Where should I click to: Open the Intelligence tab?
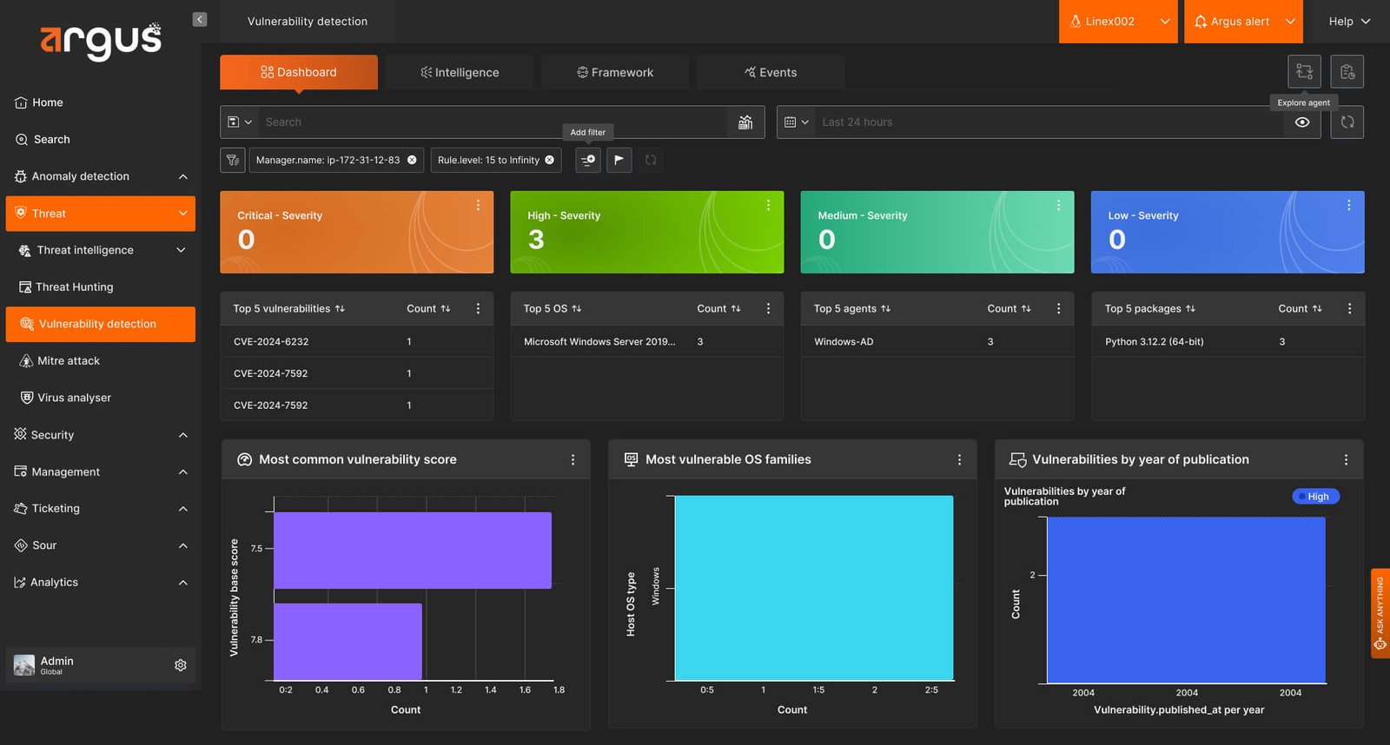click(x=460, y=72)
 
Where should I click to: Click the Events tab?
click(x=770, y=72)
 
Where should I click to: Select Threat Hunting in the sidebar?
click(x=75, y=287)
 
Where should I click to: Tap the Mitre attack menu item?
click(x=69, y=360)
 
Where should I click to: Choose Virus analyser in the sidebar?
click(x=74, y=398)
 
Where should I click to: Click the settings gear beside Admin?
click(x=181, y=665)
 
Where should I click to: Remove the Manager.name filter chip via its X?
click(x=412, y=160)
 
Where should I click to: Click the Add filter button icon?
click(x=587, y=160)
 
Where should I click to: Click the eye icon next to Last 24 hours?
click(x=1302, y=122)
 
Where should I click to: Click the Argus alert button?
click(x=1243, y=22)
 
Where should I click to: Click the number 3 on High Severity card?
click(x=536, y=240)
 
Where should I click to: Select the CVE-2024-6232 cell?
click(x=271, y=341)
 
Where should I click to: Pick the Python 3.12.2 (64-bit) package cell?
click(x=1155, y=341)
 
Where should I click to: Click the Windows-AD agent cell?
click(x=844, y=341)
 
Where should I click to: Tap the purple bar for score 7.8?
click(x=347, y=642)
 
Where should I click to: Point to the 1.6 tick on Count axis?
click(x=525, y=689)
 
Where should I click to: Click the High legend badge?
click(x=1315, y=497)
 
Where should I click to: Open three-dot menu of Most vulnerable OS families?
click(x=959, y=459)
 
